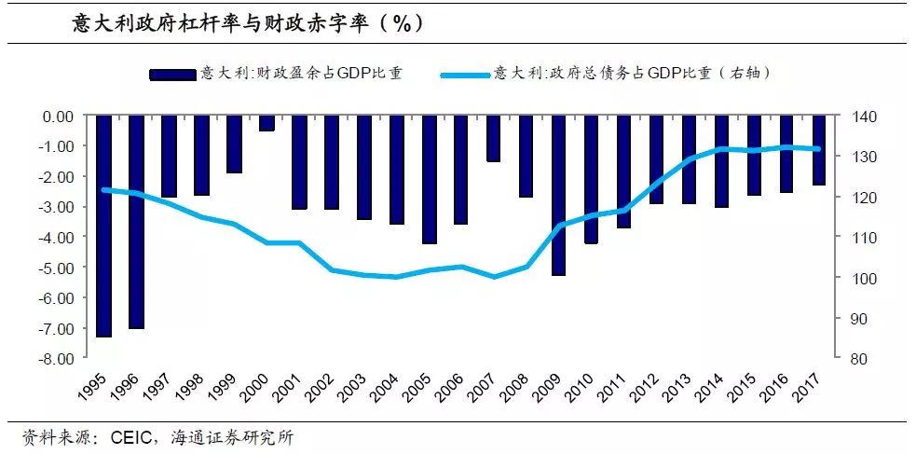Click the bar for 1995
103,226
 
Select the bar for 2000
267,123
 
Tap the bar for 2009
558,196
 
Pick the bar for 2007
493,138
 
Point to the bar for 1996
136,222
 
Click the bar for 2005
429,180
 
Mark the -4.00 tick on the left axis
56,238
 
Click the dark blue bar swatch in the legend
174,74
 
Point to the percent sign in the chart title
401,23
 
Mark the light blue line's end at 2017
818,148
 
